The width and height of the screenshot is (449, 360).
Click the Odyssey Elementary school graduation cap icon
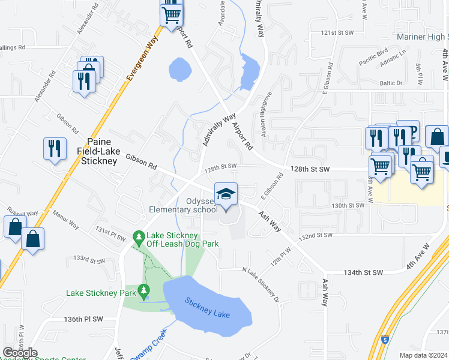pos(226,194)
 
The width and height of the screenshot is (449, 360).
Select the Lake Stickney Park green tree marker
pos(143,292)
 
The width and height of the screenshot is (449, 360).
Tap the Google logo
pos(20,353)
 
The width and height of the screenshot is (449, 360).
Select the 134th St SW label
pos(363,272)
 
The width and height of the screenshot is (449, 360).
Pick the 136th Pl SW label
pos(84,319)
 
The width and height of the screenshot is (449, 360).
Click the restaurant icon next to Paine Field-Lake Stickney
pos(55,147)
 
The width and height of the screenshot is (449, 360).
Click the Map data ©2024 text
pos(423,355)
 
